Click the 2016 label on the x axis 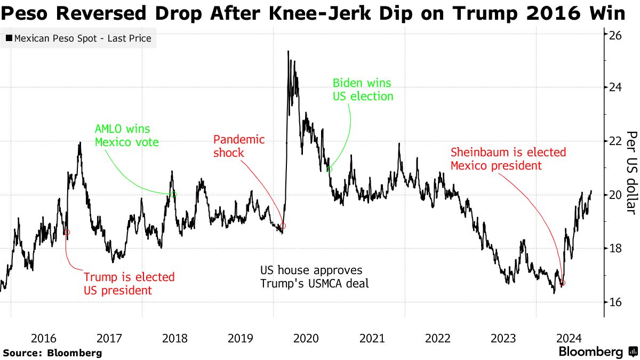click(x=44, y=338)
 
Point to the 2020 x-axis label click(x=306, y=338)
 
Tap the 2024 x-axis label click(x=569, y=338)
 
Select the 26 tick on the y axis click(x=615, y=35)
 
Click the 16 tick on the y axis click(x=615, y=302)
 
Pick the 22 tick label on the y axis click(x=615, y=141)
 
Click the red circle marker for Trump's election click(x=67, y=232)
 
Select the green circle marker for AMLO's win click(x=174, y=195)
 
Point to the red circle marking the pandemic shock click(x=283, y=226)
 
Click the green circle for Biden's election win click(x=329, y=169)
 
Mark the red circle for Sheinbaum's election click(x=562, y=283)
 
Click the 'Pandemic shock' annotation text click(x=239, y=146)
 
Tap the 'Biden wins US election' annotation click(x=363, y=90)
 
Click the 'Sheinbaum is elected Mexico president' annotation click(x=508, y=159)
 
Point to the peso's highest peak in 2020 click(x=288, y=51)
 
